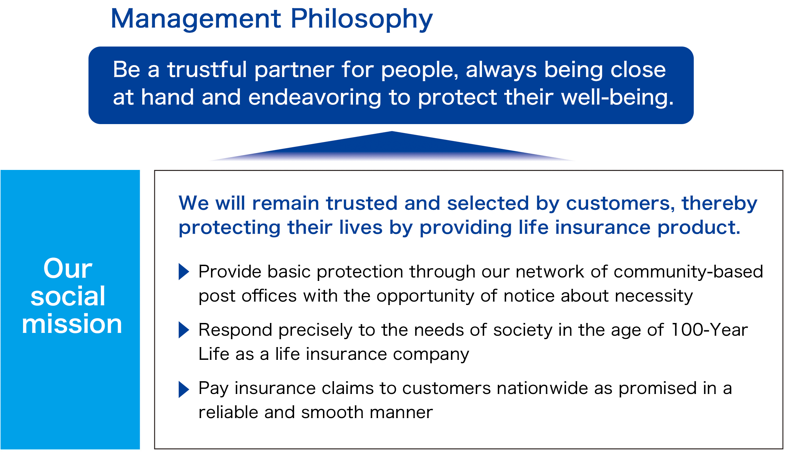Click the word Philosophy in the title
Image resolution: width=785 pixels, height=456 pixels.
361,19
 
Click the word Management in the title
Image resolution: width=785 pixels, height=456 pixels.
196,19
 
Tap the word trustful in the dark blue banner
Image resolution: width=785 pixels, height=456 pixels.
207,70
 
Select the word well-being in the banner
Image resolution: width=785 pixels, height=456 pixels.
617,98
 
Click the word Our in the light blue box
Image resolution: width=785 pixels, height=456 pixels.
68,268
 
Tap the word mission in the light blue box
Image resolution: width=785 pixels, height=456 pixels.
72,324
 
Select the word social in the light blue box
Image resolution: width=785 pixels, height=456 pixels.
68,296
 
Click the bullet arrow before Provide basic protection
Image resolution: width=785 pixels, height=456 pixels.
184,272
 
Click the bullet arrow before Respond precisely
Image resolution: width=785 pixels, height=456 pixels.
184,330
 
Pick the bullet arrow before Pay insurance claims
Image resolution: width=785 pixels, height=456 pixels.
184,389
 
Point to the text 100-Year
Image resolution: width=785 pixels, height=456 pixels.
709,330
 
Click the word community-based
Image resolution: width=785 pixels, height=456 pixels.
688,272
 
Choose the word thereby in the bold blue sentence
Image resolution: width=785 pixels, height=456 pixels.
719,203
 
